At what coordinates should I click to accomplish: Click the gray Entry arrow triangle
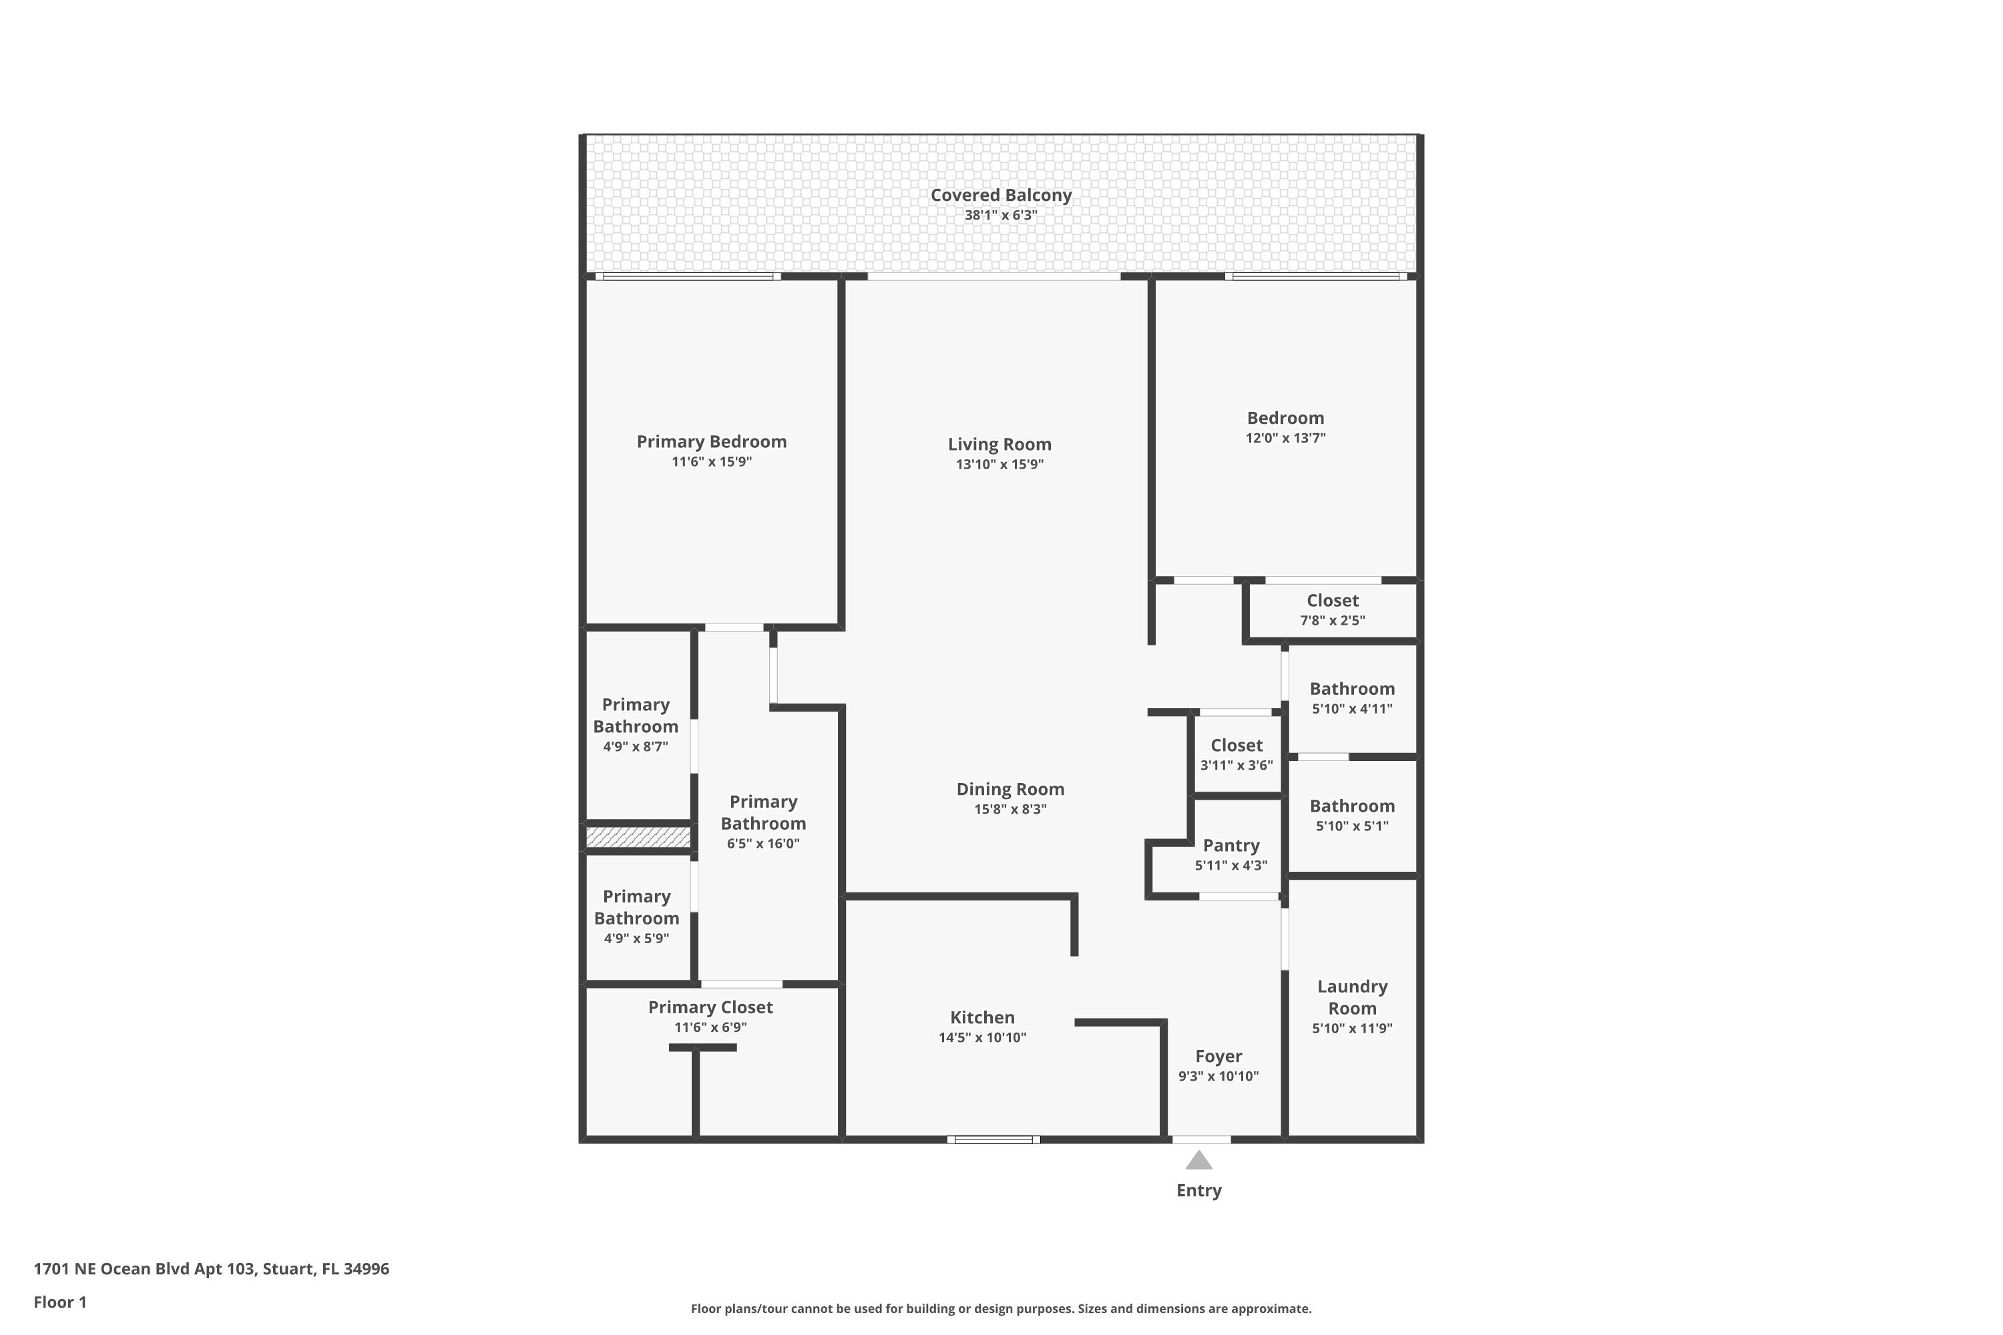pyautogui.click(x=1198, y=1161)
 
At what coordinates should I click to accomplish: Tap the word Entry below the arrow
pyautogui.click(x=1198, y=1190)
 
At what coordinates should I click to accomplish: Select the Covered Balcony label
pyautogui.click(x=1001, y=195)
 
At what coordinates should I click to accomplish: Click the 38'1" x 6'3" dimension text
pyautogui.click(x=1001, y=216)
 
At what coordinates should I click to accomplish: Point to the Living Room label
pyautogui.click(x=999, y=445)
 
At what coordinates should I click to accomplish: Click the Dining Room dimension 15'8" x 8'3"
pyautogui.click(x=1010, y=810)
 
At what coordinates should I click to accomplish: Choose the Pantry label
pyautogui.click(x=1231, y=846)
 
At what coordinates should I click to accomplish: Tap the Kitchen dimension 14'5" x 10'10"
pyautogui.click(x=982, y=1038)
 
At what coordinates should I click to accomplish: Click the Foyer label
pyautogui.click(x=1218, y=1057)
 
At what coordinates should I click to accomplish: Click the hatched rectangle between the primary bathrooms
pyautogui.click(x=638, y=837)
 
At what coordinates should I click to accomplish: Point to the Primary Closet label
pyautogui.click(x=710, y=1007)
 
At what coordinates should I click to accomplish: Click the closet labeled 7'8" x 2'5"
pyautogui.click(x=1332, y=609)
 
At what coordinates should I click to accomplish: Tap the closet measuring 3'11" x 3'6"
pyautogui.click(x=1236, y=754)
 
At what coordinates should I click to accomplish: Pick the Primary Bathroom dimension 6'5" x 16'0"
pyautogui.click(x=763, y=844)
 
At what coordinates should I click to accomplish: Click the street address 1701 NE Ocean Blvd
pyautogui.click(x=211, y=1269)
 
